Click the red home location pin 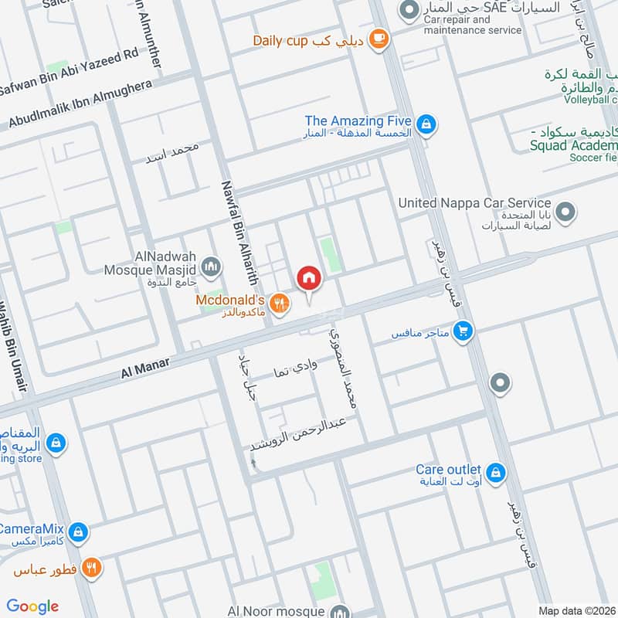(308, 278)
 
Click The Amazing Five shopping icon (425, 123)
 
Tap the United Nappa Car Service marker (566, 211)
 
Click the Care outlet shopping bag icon (496, 470)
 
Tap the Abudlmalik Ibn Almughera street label (80, 104)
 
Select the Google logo (32, 606)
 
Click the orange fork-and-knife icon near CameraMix (92, 568)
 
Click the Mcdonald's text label (231, 299)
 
